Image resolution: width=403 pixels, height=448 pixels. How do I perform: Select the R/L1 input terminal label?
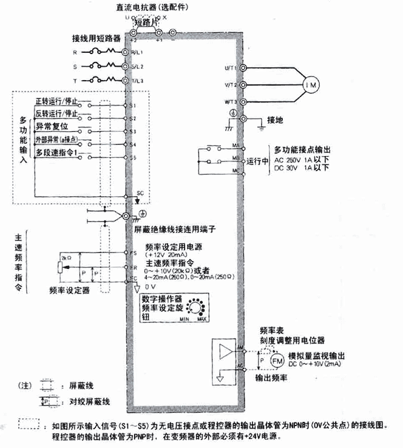(135, 53)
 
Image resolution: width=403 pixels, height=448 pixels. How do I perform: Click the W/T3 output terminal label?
(230, 101)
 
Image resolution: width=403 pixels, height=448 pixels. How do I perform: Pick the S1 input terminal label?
(132, 104)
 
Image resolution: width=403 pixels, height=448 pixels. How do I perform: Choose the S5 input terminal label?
(132, 158)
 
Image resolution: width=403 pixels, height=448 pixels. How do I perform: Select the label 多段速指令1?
(55, 152)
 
